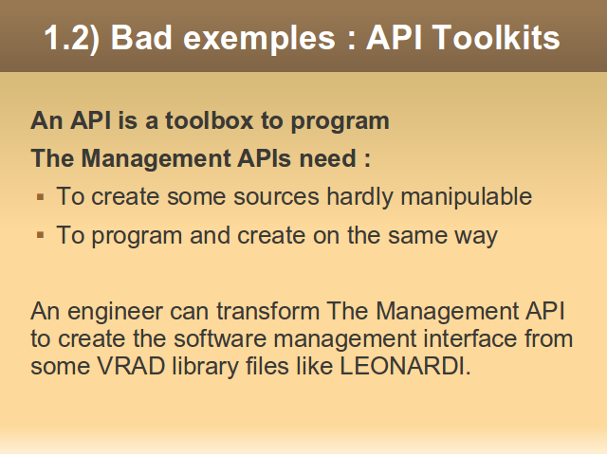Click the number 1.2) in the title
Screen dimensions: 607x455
point(72,38)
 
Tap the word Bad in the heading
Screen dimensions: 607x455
point(141,37)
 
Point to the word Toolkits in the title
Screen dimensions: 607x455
point(496,37)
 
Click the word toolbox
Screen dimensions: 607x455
point(210,120)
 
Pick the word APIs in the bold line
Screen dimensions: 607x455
point(264,158)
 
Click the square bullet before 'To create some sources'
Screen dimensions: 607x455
point(40,197)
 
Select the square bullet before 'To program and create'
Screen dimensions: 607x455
point(40,235)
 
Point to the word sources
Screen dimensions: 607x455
point(276,197)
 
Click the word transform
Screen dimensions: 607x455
point(267,311)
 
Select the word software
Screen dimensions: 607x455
point(220,339)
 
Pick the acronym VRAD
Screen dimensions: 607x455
point(131,366)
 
